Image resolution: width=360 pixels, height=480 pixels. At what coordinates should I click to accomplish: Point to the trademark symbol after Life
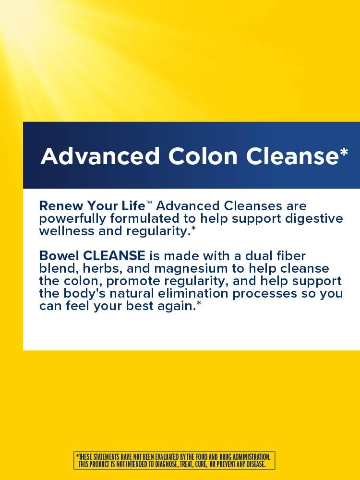pos(149,204)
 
